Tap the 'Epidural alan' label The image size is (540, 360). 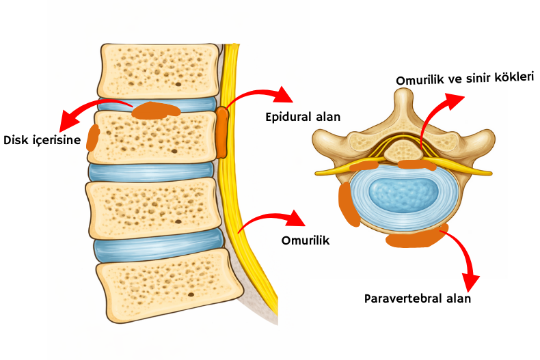click(x=303, y=117)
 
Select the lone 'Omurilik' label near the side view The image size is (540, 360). click(x=306, y=240)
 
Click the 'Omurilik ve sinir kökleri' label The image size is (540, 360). click(x=465, y=79)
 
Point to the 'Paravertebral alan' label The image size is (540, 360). click(x=418, y=299)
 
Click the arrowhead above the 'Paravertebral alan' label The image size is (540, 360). click(x=470, y=280)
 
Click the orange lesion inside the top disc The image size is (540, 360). click(x=156, y=109)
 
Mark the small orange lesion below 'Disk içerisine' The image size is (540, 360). click(x=92, y=137)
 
